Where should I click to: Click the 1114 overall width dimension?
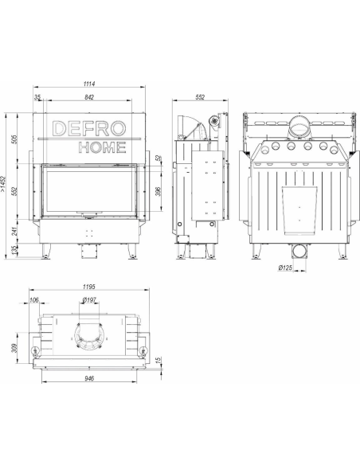tap(89, 84)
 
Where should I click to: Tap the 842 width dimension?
tap(89, 97)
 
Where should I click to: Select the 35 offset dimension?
tap(37, 97)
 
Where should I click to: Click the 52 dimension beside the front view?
tap(159, 158)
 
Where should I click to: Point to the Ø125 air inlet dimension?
tap(285, 268)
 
